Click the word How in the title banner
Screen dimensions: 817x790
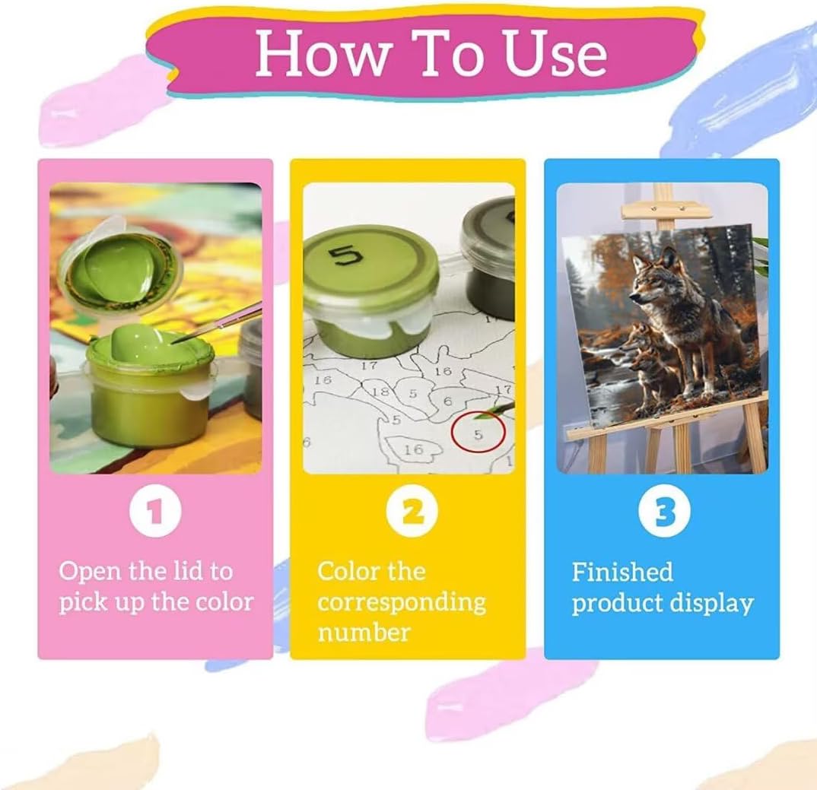point(323,52)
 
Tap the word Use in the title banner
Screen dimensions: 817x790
point(556,53)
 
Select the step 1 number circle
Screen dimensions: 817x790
point(155,510)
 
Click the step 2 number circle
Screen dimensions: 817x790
point(412,510)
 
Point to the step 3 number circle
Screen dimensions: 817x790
point(664,510)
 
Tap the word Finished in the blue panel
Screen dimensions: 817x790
point(622,572)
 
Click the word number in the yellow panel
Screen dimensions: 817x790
point(364,633)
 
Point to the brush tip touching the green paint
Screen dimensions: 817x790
point(178,341)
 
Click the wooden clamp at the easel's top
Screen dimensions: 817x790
point(666,210)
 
